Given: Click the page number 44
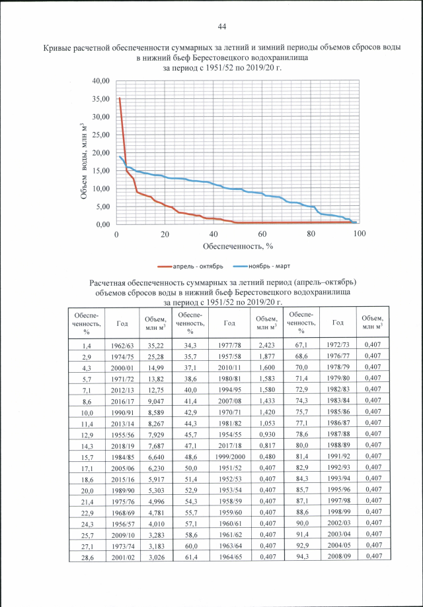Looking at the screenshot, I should point(222,26).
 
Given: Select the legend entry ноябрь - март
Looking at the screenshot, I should point(266,267).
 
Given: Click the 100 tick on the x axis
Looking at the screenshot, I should point(360,234).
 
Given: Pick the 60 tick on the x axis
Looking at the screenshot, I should point(262,234).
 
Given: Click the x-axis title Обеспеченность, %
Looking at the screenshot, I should point(237,247).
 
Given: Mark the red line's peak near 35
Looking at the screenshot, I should point(120,98).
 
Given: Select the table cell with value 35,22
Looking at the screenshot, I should point(155,345).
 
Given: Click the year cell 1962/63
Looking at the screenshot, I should point(122,345).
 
